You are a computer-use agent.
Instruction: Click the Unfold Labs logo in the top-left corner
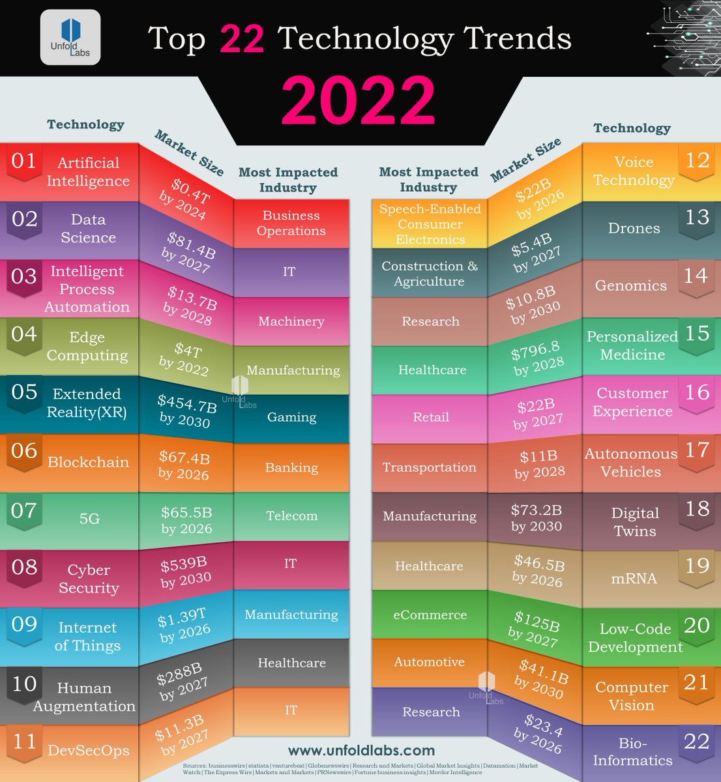coord(70,38)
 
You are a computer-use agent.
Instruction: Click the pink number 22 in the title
coord(242,39)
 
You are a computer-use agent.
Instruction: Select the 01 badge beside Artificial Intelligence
coord(24,161)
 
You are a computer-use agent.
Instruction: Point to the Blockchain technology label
coord(88,463)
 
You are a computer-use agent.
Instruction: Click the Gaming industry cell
coord(291,418)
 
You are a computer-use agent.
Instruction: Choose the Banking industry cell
coord(291,468)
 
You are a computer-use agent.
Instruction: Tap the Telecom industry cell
coord(291,516)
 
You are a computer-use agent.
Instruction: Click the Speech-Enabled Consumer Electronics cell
coord(430,224)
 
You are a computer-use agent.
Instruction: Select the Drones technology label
coord(634,229)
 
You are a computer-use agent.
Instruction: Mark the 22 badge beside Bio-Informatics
coord(696,742)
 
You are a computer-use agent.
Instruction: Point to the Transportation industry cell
coord(430,468)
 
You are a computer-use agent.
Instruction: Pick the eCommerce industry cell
coord(430,615)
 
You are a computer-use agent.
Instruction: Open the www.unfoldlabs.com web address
coord(361,751)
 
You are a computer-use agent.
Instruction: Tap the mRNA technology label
coord(634,579)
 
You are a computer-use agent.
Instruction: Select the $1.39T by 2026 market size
coord(184,623)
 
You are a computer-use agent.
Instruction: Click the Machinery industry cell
coord(291,321)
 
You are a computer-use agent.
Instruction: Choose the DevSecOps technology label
coord(89,751)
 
